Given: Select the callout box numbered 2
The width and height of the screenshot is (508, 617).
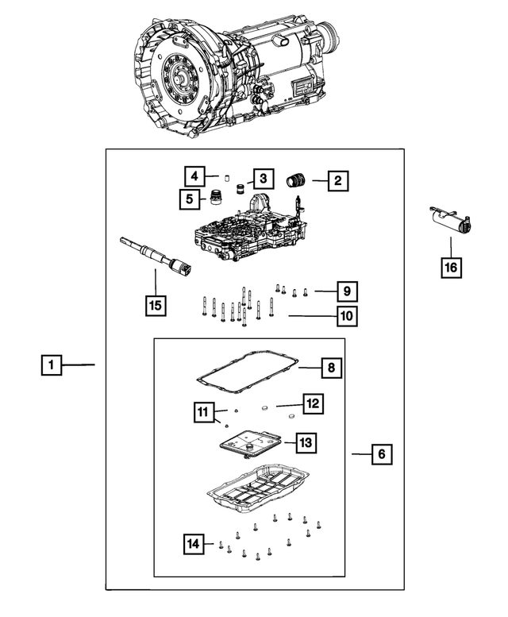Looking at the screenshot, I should coord(337,181).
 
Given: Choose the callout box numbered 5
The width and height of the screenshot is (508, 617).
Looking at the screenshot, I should coord(190,198).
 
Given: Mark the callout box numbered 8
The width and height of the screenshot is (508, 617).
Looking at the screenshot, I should coord(332,368).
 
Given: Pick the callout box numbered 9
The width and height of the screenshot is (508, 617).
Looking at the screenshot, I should coord(347,291).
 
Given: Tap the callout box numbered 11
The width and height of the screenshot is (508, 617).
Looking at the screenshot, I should coord(203,411).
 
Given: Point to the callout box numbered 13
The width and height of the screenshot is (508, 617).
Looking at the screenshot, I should coord(306,441).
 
